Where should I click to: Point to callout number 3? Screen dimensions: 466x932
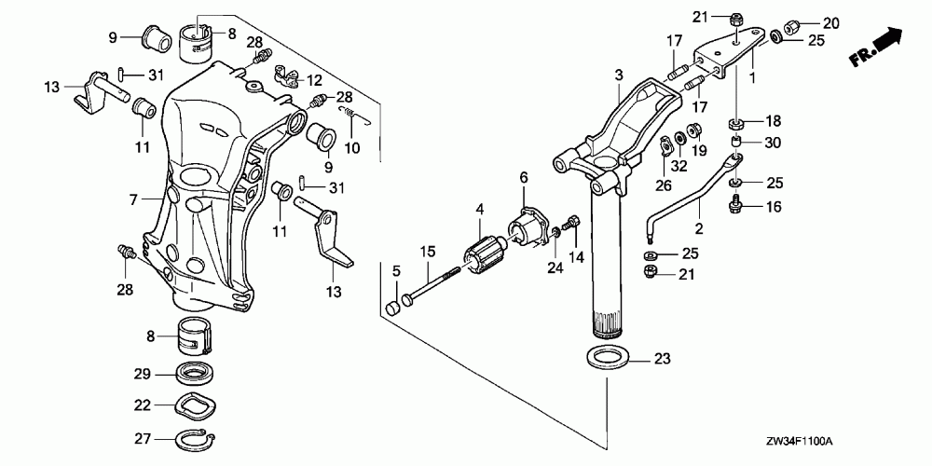[616, 75]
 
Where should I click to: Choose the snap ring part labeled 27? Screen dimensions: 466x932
[198, 437]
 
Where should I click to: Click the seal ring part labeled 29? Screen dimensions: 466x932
[197, 376]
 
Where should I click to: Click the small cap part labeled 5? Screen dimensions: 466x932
[392, 307]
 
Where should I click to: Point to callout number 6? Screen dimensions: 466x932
[524, 177]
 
